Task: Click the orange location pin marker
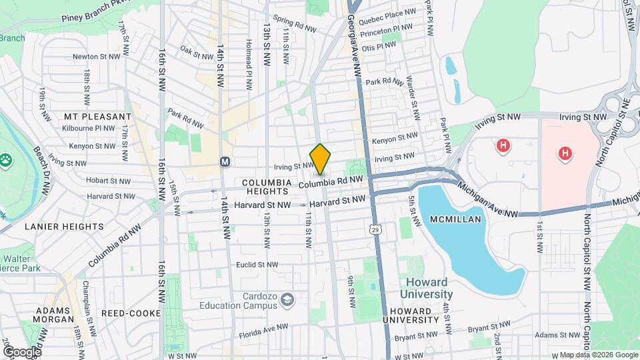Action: [x=321, y=159]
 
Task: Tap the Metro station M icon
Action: [x=225, y=161]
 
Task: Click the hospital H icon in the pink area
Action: [x=565, y=154]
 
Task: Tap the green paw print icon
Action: [x=7, y=160]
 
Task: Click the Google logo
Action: [x=21, y=351]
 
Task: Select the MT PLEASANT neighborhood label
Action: [x=97, y=116]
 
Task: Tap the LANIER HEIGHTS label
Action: [x=64, y=227]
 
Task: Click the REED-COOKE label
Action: [x=131, y=313]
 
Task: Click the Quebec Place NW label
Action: [x=387, y=14]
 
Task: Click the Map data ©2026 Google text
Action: [x=598, y=355]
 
